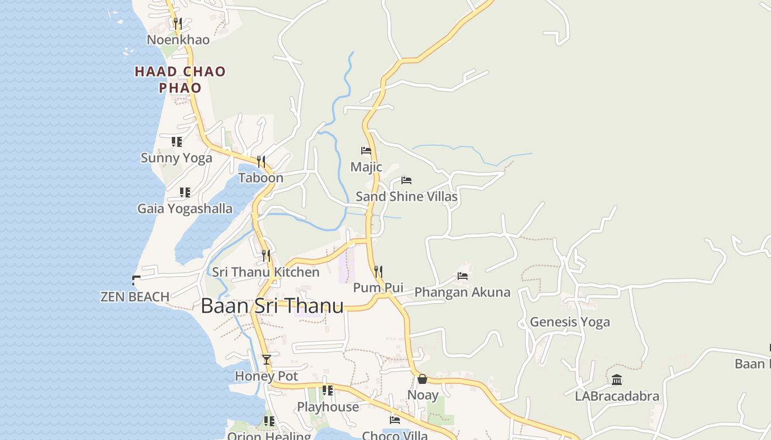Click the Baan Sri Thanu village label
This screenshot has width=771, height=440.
click(272, 306)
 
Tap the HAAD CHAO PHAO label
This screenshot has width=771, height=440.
click(180, 79)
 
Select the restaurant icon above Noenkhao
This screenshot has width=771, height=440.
click(177, 23)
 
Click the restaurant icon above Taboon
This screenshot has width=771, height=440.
click(261, 161)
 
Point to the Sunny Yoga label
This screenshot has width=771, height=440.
click(176, 158)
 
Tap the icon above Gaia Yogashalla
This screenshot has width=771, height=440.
click(185, 193)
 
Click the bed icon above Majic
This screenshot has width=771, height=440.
click(366, 150)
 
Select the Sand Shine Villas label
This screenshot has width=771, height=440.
click(406, 196)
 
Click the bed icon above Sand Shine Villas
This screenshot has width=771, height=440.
click(406, 180)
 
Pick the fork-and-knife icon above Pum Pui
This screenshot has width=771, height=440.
click(378, 271)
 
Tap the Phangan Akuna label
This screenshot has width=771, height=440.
click(462, 292)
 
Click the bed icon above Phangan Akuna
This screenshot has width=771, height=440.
click(463, 276)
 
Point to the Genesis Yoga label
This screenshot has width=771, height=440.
click(569, 322)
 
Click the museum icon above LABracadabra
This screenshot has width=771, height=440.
click(617, 380)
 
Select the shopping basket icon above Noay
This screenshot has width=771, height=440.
click(422, 379)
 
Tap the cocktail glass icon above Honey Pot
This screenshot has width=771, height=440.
click(267, 360)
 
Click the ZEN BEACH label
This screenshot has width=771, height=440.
click(135, 297)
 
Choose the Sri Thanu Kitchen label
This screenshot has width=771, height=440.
click(265, 272)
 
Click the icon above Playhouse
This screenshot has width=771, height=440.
click(328, 391)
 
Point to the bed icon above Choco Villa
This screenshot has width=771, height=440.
click(395, 420)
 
